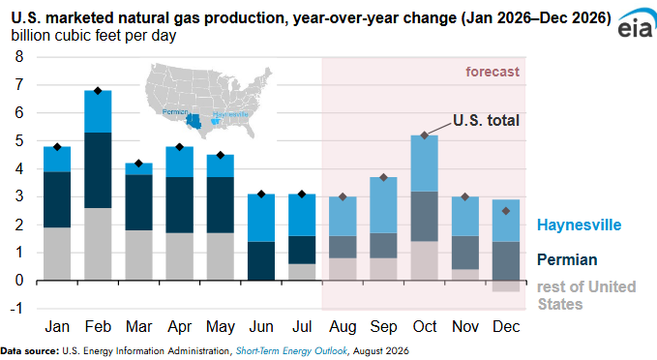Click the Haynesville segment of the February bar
click(98, 111)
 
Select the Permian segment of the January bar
click(57, 199)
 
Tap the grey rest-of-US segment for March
click(138, 255)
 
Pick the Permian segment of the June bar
click(261, 260)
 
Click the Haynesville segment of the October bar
click(425, 164)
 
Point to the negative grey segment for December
click(506, 285)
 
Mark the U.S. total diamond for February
click(98, 91)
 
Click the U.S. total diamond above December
click(506, 211)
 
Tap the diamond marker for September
click(384, 178)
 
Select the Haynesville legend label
click(579, 225)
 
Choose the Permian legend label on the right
click(567, 259)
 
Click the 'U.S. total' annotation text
click(486, 121)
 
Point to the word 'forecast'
click(493, 72)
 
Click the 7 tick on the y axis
click(19, 84)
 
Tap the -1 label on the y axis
click(16, 309)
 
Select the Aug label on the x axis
click(343, 327)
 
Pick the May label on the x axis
click(221, 327)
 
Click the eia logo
click(636, 24)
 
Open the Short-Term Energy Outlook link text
click(291, 350)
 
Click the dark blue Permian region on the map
click(194, 121)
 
